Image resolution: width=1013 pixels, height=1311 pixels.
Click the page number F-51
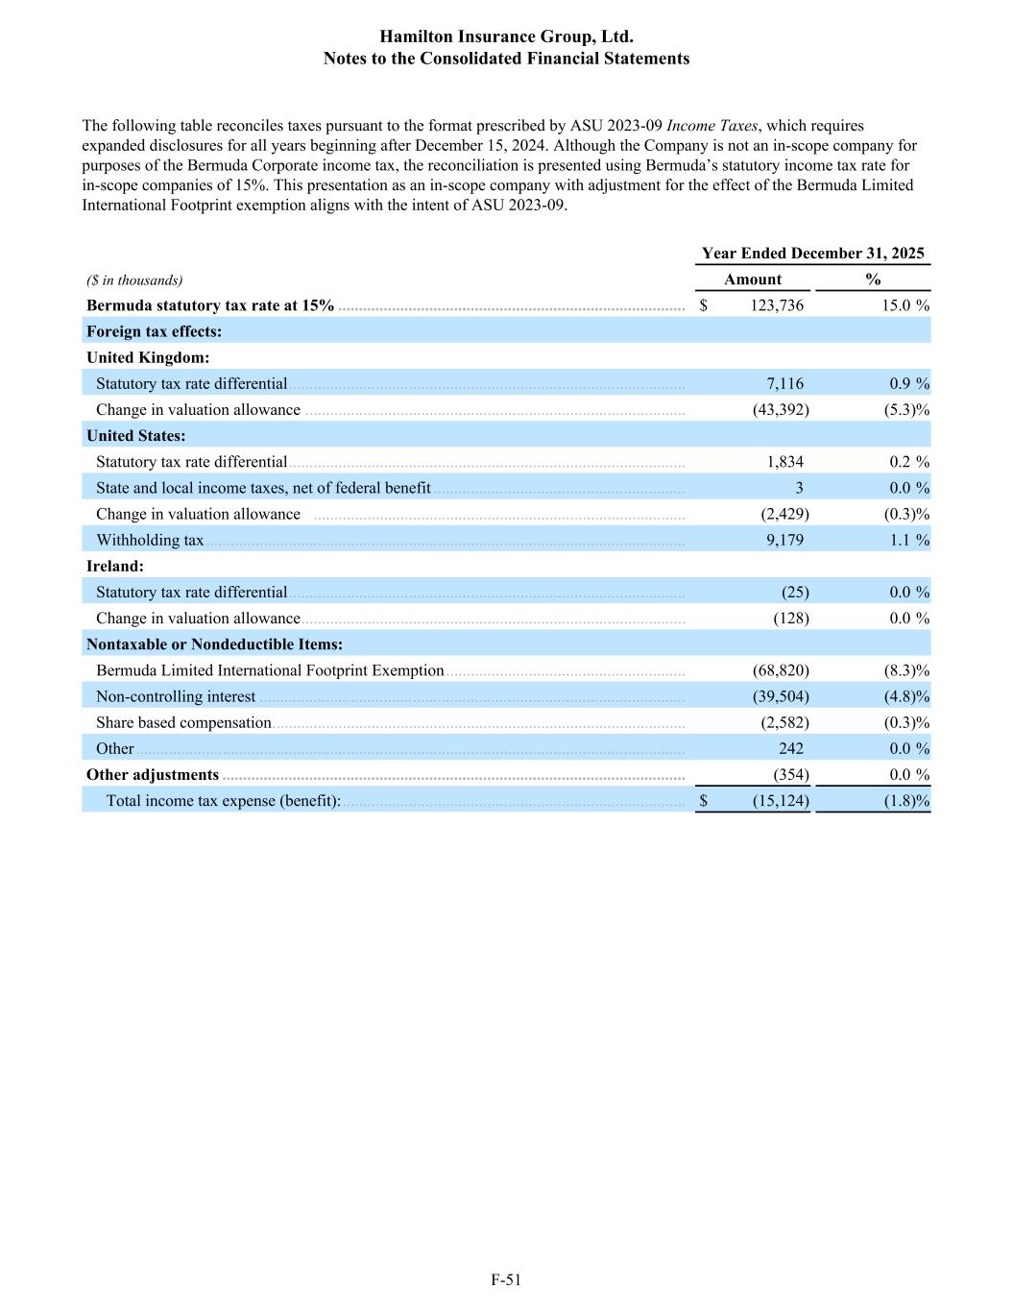coord(506,1279)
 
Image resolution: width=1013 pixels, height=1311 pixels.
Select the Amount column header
coord(753,279)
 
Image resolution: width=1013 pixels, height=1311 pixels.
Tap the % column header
coord(873,279)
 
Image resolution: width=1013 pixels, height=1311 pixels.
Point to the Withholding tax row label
coord(150,540)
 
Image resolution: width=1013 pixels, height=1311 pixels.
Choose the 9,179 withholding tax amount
coord(784,540)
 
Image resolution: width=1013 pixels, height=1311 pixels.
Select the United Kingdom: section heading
coord(148,357)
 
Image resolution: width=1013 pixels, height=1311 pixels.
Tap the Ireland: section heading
coord(115,566)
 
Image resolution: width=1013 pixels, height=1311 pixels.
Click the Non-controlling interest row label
coord(176,696)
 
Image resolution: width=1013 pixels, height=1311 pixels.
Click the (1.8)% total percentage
coord(906,801)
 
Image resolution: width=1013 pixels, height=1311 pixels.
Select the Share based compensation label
coord(183,722)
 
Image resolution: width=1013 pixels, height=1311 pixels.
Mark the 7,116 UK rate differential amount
coord(784,383)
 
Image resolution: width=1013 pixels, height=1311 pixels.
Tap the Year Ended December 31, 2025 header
coord(812,253)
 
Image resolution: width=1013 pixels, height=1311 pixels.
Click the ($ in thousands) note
coord(134,280)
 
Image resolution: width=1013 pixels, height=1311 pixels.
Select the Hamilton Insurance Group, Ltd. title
coord(506,36)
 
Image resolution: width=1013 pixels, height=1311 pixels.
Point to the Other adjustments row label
coord(153,774)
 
